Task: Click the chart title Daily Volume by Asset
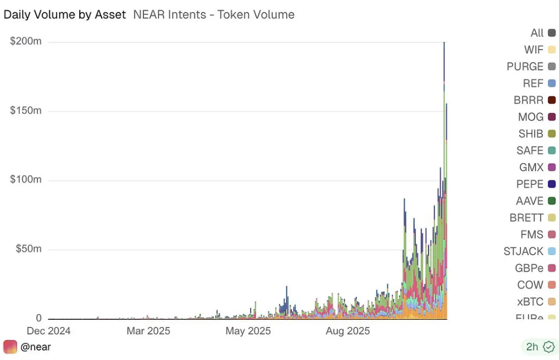click(65, 15)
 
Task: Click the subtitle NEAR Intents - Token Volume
click(214, 15)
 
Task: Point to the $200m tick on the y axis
click(26, 41)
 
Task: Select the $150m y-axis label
click(26, 111)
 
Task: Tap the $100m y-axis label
click(26, 180)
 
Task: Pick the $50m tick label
click(28, 249)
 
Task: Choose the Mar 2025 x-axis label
click(148, 331)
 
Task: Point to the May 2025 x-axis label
click(248, 331)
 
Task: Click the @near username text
click(35, 347)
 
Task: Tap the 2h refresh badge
click(539, 347)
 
